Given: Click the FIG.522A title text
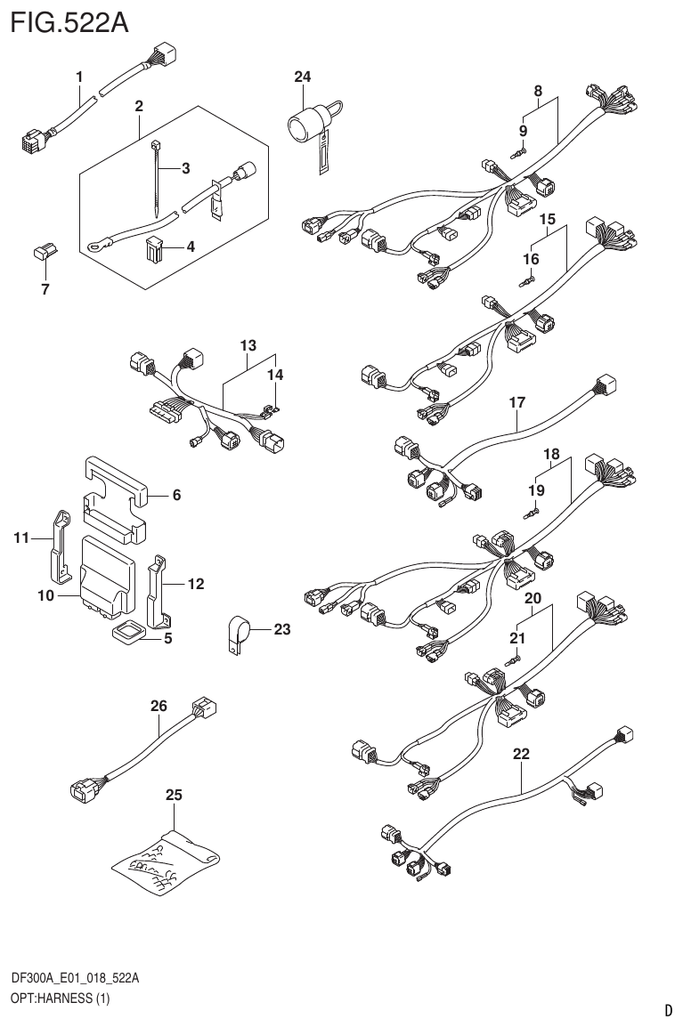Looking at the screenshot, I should click(69, 21).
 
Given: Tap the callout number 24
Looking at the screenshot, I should click(303, 77).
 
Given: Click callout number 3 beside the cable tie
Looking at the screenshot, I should click(185, 168).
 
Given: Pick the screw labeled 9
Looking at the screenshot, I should click(519, 153).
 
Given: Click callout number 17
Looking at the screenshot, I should click(517, 403).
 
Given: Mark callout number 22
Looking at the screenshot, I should click(522, 754).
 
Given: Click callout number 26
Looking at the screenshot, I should click(159, 707).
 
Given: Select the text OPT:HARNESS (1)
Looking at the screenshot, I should click(60, 999).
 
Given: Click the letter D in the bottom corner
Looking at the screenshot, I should click(668, 1010).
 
